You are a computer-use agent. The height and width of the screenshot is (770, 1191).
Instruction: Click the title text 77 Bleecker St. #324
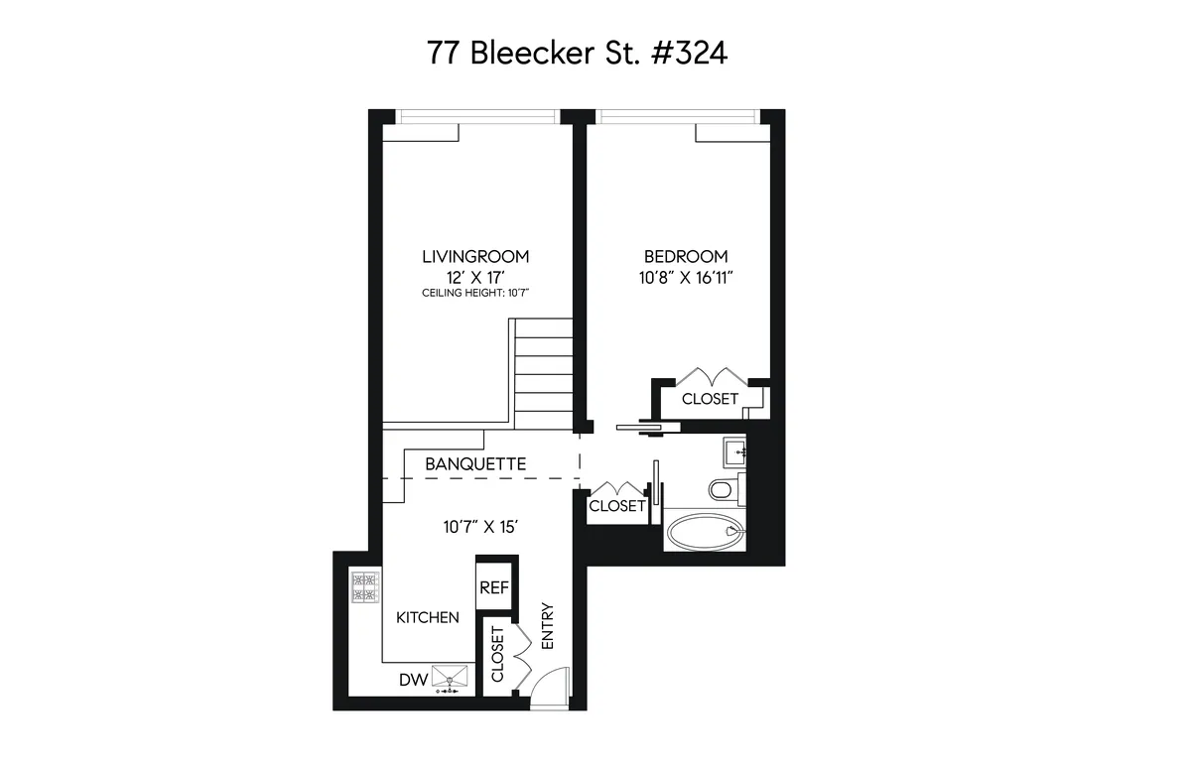(576, 54)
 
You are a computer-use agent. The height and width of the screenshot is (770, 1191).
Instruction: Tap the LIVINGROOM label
(468, 256)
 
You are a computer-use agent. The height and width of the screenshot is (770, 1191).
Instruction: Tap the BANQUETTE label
(475, 463)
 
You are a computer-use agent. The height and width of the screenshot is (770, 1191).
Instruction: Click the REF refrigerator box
(494, 587)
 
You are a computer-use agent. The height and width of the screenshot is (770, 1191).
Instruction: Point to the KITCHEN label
(428, 617)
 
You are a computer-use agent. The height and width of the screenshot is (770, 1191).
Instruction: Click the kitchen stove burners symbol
(364, 587)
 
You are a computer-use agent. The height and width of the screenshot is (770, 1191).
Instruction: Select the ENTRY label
(546, 627)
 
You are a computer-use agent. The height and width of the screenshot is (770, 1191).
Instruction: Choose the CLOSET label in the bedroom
(711, 399)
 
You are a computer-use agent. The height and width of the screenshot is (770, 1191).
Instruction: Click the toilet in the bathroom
(723, 488)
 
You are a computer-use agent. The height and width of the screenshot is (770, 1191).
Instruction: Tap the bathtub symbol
(704, 531)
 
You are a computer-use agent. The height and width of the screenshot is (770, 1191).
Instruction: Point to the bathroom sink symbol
(734, 451)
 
